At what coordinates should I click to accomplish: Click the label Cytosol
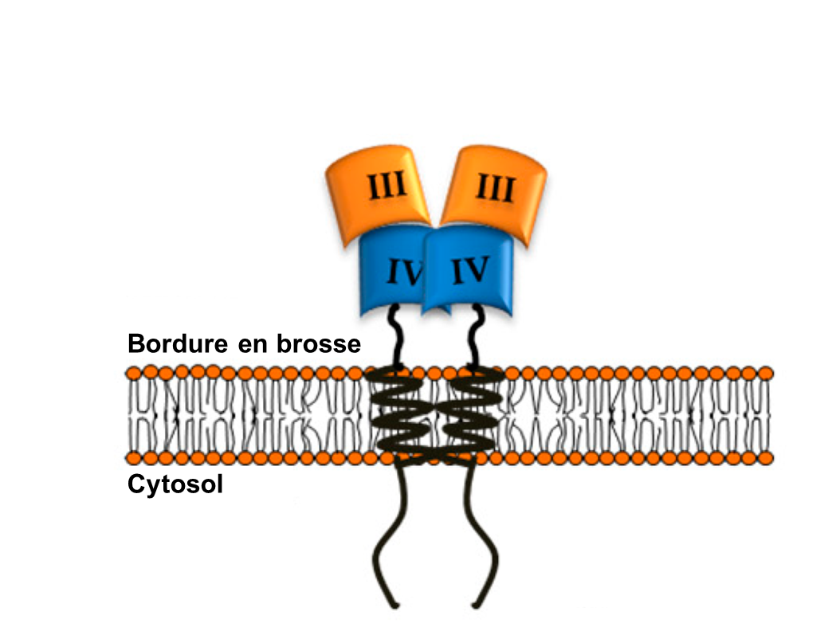pyautogui.click(x=175, y=484)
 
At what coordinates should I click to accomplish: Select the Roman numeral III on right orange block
pyautogui.click(x=495, y=189)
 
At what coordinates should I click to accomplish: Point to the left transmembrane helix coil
pyautogui.click(x=402, y=414)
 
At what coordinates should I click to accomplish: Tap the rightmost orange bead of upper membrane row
pyautogui.click(x=766, y=372)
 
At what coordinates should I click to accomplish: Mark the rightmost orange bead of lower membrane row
pyautogui.click(x=766, y=458)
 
